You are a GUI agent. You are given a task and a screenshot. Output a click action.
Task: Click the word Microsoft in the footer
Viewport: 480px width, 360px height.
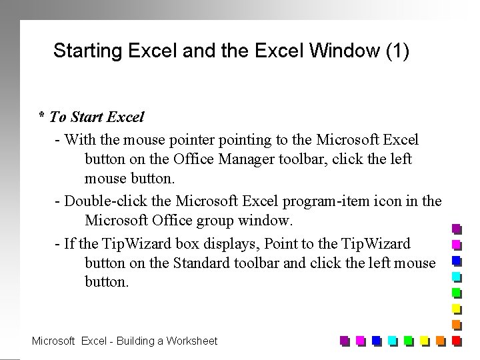(x=53, y=341)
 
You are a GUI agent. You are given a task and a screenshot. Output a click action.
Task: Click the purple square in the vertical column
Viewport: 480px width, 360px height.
(x=457, y=228)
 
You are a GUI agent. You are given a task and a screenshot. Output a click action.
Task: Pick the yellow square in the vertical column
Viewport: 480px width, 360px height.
(x=457, y=309)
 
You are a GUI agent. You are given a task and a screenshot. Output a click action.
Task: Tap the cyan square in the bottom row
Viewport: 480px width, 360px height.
(x=392, y=341)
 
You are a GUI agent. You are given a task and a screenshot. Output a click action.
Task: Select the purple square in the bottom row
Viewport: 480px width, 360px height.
(x=344, y=341)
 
